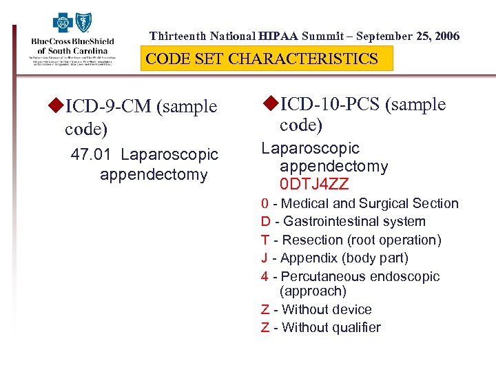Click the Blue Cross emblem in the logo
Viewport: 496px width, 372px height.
63,23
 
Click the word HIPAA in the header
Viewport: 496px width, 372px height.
279,36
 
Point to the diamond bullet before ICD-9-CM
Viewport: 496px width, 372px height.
56,106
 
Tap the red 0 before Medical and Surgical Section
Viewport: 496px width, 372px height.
265,204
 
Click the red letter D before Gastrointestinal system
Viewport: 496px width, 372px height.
265,222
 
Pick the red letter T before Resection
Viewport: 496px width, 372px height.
265,240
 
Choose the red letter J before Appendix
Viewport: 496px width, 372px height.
265,258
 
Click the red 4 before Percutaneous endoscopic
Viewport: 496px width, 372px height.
265,277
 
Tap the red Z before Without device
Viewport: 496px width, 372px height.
265,310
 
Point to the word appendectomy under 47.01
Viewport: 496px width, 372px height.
153,175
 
